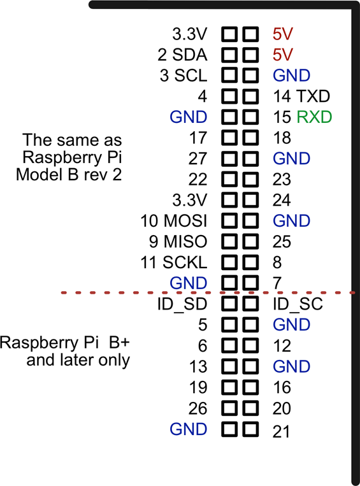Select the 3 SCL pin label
pyautogui.click(x=183, y=75)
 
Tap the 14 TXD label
pyautogui.click(x=301, y=96)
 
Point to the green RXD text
pyautogui.click(x=315, y=117)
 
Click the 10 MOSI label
pyautogui.click(x=174, y=221)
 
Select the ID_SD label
pyautogui.click(x=182, y=304)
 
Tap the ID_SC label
pyautogui.click(x=298, y=304)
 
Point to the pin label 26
pyautogui.click(x=198, y=408)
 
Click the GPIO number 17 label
pyautogui.click(x=198, y=138)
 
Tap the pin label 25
pyautogui.click(x=282, y=241)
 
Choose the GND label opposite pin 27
pyautogui.click(x=291, y=159)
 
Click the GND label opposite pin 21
pyautogui.click(x=189, y=429)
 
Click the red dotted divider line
pyautogui.click(x=127, y=292)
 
